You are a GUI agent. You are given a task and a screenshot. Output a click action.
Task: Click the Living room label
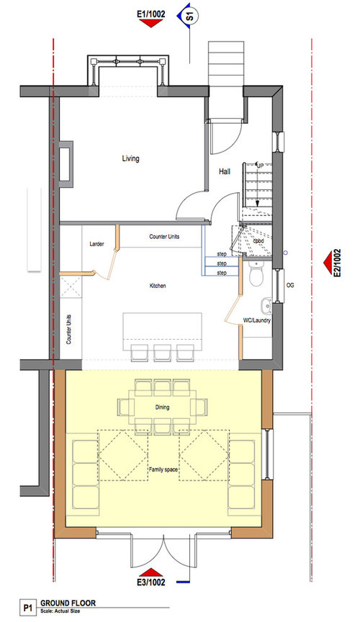pyautogui.click(x=130, y=158)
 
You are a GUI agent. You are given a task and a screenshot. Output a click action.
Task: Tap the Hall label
pyautogui.click(x=224, y=171)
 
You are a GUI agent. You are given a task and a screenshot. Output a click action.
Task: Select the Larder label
pyautogui.click(x=99, y=245)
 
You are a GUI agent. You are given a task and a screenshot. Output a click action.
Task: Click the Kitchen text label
pyautogui.click(x=158, y=286)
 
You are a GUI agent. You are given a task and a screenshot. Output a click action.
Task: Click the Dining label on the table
pyautogui.click(x=161, y=407)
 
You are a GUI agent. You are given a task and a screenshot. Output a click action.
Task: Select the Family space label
pyautogui.click(x=163, y=469)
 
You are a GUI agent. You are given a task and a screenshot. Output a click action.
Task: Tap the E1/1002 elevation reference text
pyautogui.click(x=150, y=13)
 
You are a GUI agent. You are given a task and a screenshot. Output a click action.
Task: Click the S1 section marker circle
pyautogui.click(x=189, y=15)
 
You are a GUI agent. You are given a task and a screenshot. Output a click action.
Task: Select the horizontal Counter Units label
pyautogui.click(x=164, y=237)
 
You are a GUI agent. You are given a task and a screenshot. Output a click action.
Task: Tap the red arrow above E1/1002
pyautogui.click(x=150, y=24)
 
